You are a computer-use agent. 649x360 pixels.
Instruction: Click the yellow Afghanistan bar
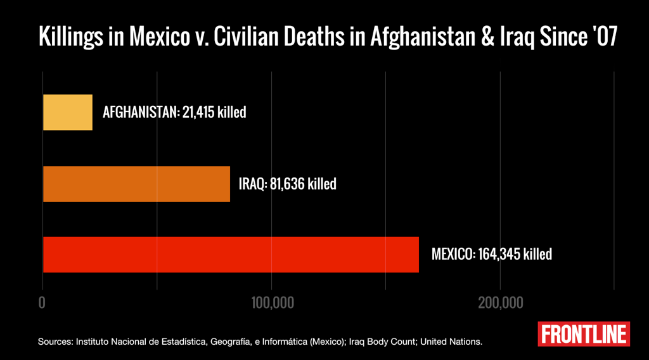point(68,112)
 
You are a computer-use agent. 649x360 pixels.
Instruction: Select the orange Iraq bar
point(137,184)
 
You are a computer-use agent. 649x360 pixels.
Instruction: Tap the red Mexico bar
point(231,255)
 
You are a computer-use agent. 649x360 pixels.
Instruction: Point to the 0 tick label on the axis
point(42,303)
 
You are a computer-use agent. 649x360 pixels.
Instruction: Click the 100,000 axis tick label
point(273,303)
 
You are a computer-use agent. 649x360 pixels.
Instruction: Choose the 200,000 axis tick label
point(501,303)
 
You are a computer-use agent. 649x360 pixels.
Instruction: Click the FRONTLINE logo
point(584,334)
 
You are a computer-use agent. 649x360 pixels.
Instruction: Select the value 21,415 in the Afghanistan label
point(198,112)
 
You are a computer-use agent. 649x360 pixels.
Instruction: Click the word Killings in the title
point(71,36)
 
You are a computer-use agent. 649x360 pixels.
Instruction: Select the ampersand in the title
point(488,36)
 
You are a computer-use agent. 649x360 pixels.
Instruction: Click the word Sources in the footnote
point(56,342)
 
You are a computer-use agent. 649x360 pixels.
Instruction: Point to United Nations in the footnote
point(451,342)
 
